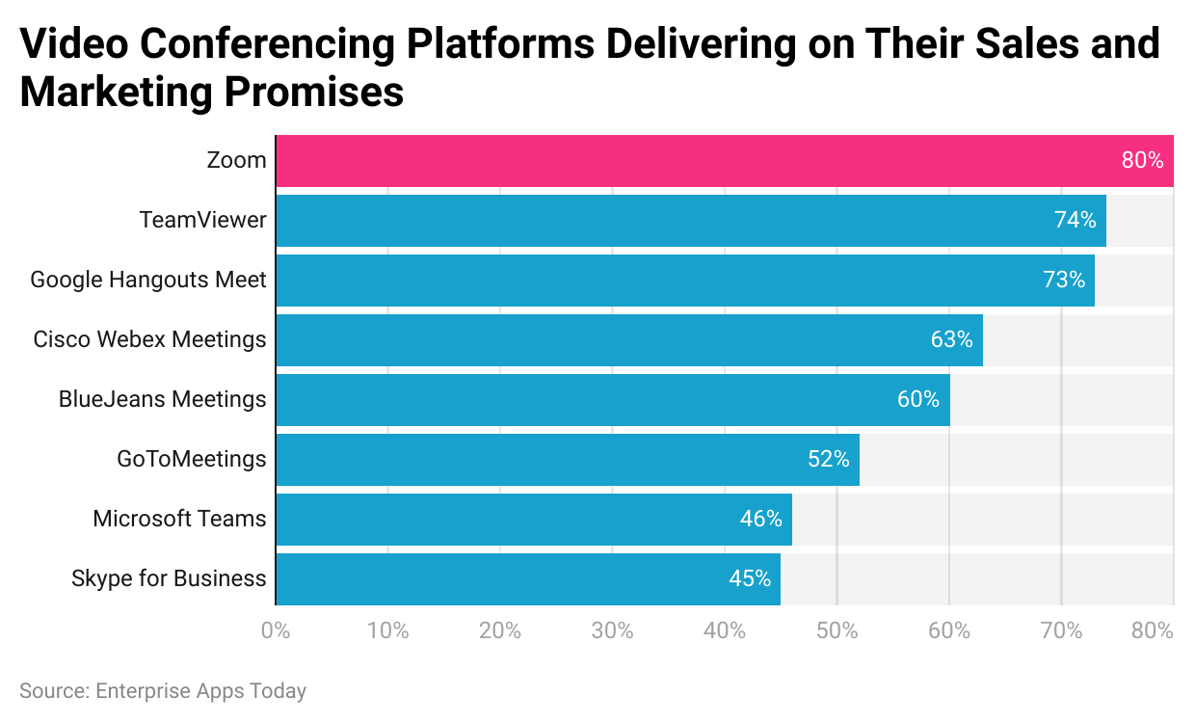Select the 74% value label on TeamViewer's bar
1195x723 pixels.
[x=1075, y=221]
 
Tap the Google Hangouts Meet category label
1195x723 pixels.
[x=148, y=281]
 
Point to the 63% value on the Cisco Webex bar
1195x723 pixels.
[x=951, y=340]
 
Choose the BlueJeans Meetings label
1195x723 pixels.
[x=162, y=400]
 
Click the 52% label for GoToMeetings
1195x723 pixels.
[x=829, y=460]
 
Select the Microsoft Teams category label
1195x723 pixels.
[x=179, y=520]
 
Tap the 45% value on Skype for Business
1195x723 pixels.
[x=750, y=579]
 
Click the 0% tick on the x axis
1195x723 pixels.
[x=276, y=632]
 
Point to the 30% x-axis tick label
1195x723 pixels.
[x=612, y=632]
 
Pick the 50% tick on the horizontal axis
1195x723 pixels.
[x=836, y=632]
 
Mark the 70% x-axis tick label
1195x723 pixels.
[x=1061, y=632]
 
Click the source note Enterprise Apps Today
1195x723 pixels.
[x=163, y=691]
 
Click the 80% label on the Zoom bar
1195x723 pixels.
[x=1142, y=161]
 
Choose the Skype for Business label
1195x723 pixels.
[x=169, y=579]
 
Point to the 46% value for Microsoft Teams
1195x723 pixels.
[x=760, y=520]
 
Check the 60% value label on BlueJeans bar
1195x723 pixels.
[x=917, y=400]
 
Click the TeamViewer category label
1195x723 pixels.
[x=202, y=221]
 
